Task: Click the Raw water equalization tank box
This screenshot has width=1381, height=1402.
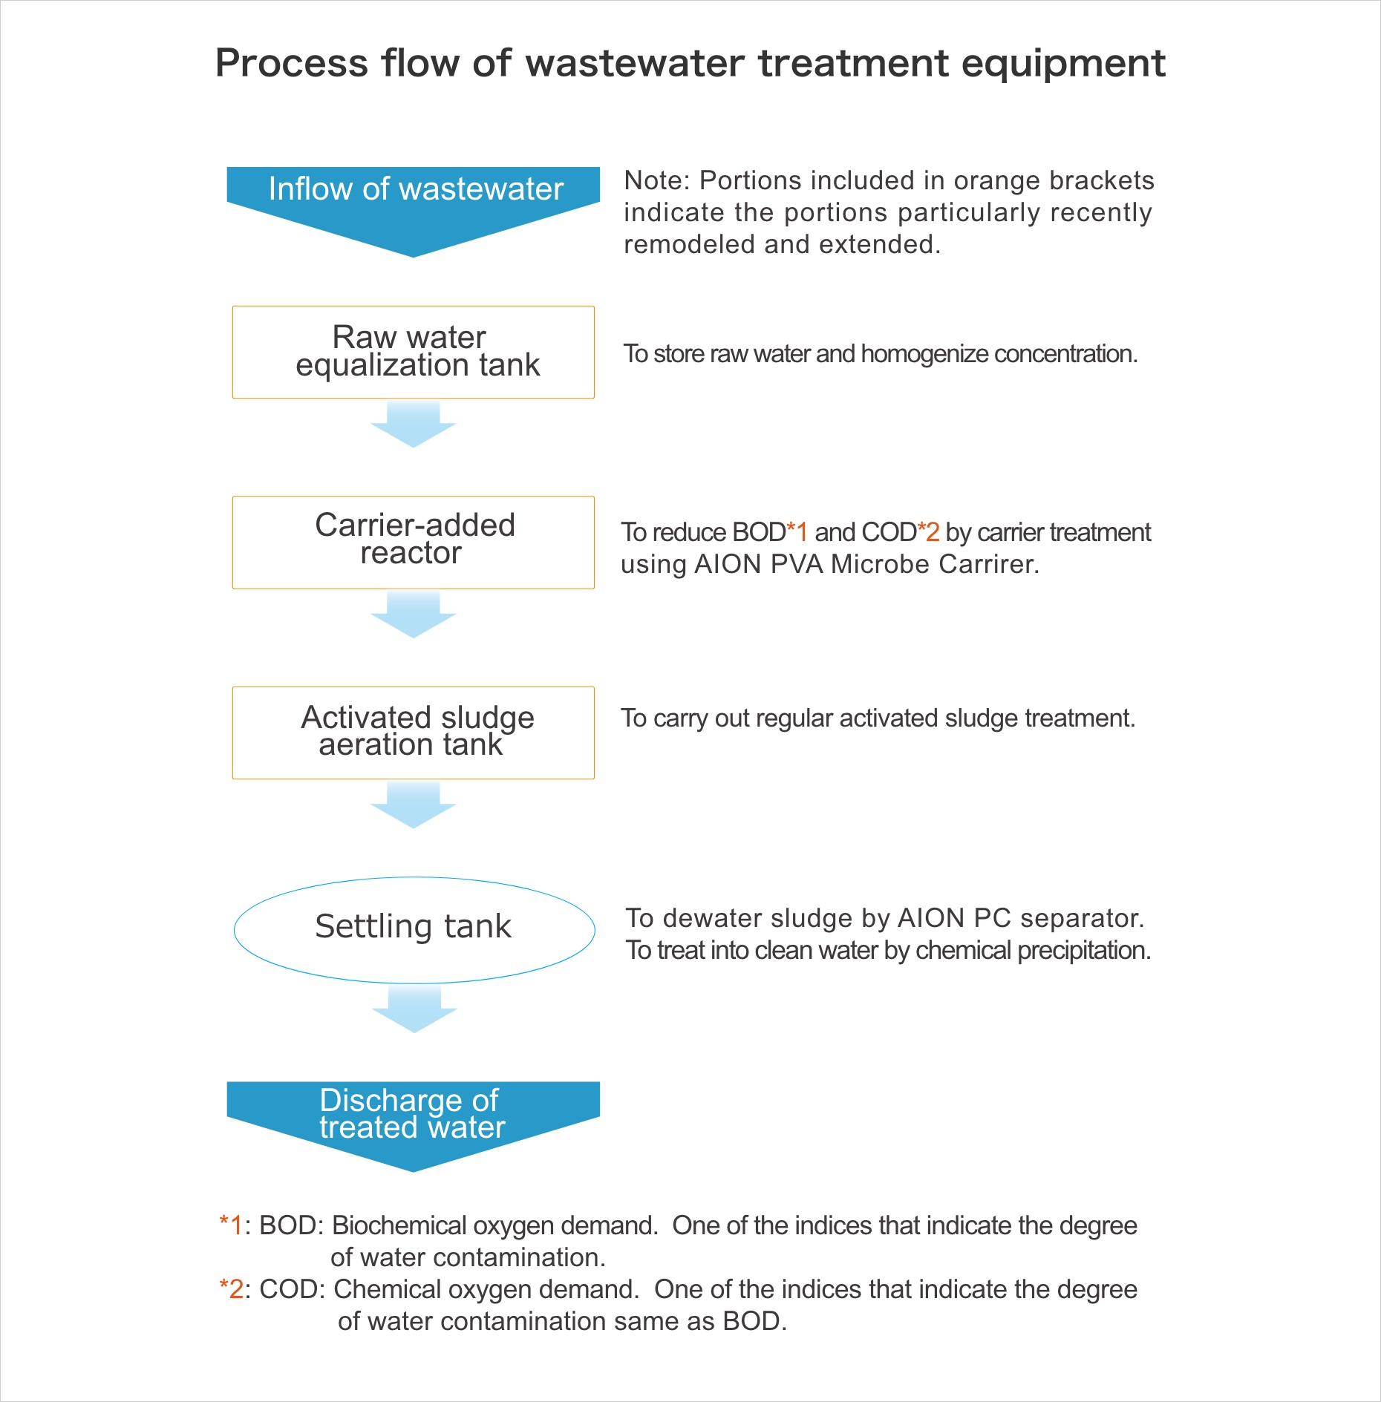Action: [413, 352]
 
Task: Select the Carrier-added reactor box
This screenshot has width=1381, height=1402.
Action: [413, 542]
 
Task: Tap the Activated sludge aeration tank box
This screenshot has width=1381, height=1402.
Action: [413, 732]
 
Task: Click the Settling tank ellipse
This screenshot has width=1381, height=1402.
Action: [414, 929]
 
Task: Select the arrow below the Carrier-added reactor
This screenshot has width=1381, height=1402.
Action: [414, 615]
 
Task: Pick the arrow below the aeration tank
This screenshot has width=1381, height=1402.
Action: [414, 805]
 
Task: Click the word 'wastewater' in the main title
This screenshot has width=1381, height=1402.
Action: [635, 63]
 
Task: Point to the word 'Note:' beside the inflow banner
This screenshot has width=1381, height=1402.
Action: [657, 180]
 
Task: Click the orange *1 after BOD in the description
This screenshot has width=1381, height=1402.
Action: [797, 531]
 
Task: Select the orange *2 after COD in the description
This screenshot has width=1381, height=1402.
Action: [928, 531]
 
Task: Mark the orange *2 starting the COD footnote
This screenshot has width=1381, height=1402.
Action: [231, 1289]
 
